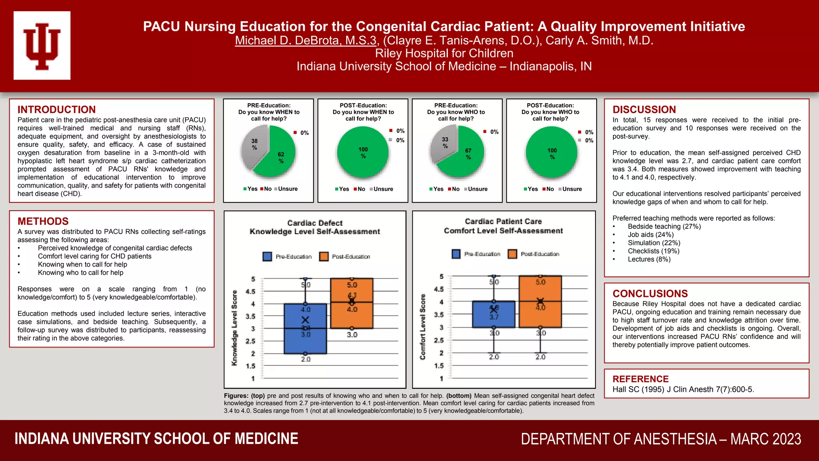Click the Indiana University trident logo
tap(42, 46)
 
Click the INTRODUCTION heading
tap(56, 110)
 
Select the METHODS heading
tap(43, 221)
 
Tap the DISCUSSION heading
tap(644, 110)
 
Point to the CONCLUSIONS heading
tap(650, 294)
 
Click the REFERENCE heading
tap(640, 379)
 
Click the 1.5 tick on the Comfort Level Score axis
tap(439, 366)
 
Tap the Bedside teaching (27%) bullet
tap(664, 226)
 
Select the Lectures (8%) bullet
tap(649, 259)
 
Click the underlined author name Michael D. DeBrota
tap(306, 40)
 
